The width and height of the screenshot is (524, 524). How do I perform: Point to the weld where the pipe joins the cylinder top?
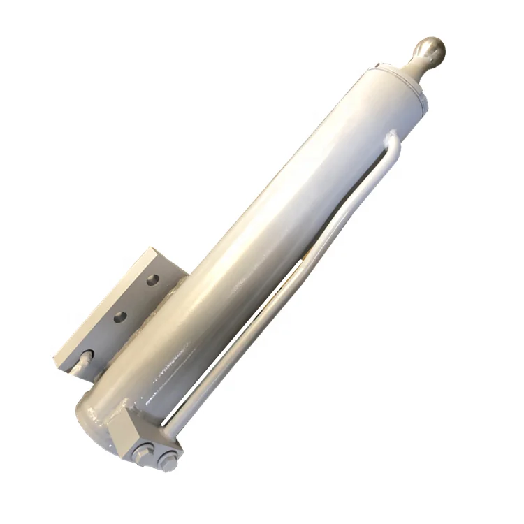coord(392,132)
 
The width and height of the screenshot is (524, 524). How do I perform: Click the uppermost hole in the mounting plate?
coord(153,281)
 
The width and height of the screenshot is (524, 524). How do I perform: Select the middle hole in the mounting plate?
coord(120,316)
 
